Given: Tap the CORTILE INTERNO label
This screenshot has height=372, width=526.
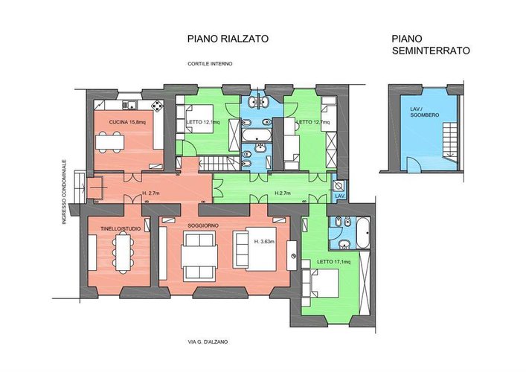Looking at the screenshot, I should (x=210, y=64).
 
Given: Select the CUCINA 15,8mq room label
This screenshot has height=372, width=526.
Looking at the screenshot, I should (x=126, y=122).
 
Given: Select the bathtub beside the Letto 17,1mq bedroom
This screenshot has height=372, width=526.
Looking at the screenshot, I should (x=362, y=234).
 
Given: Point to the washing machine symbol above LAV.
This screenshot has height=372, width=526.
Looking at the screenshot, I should (x=339, y=186).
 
